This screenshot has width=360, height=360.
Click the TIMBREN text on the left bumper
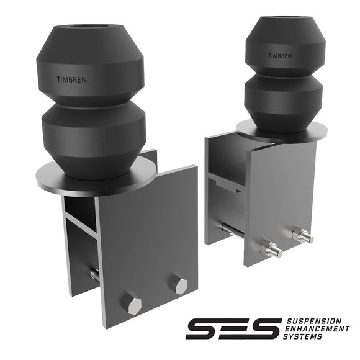(x=72, y=79)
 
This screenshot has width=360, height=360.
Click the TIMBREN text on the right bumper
(x=280, y=56)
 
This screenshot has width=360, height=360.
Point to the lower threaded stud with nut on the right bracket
(x=271, y=248)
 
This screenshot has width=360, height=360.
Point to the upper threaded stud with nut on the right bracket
(x=303, y=235)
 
